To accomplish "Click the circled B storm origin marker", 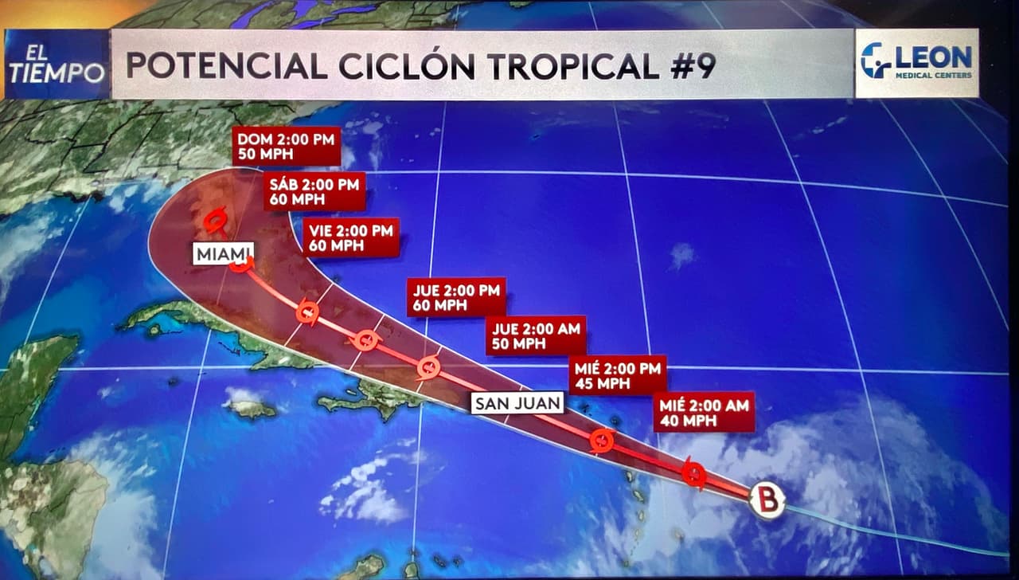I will [767, 501].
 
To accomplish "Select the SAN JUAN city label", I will [517, 403].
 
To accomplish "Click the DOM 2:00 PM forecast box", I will [287, 146].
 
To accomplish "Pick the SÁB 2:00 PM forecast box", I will [315, 192].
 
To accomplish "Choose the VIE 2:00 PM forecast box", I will [351, 237].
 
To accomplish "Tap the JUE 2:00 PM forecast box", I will [455, 298].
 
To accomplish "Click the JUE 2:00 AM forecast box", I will [536, 335].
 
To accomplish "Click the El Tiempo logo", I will [57, 65].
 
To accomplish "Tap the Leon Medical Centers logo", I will [916, 63].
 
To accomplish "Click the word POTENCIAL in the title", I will [225, 65].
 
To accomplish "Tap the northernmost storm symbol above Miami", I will [214, 219].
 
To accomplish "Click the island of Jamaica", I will [249, 409].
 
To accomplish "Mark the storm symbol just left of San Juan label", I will [429, 367].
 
